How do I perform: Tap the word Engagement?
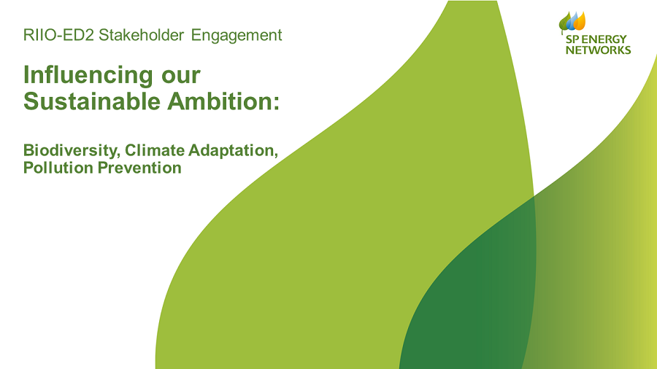[237, 36]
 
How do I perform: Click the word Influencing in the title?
[88, 76]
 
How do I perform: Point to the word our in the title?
[181, 77]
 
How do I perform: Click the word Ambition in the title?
[219, 101]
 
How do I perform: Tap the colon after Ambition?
[276, 104]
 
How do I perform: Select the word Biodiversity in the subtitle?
[72, 151]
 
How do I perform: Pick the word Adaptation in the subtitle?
[233, 151]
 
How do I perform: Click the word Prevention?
[139, 168]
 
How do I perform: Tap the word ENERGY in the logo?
[604, 39]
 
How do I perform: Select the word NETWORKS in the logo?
[599, 50]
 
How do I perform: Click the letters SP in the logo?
[572, 39]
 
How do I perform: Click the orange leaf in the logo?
[580, 21]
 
